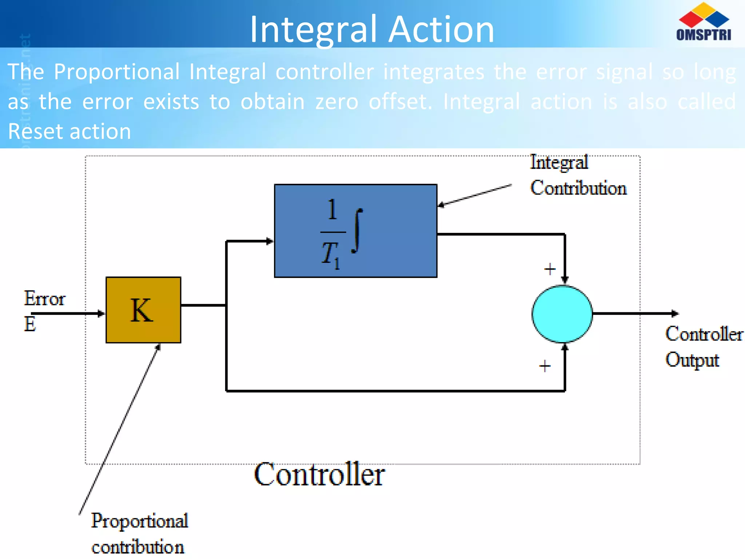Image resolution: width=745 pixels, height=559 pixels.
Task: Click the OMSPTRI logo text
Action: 703,34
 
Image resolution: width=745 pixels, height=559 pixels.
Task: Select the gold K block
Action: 143,310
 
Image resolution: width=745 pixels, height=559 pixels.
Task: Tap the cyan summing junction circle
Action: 562,314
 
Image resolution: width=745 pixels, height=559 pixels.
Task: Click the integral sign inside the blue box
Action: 357,231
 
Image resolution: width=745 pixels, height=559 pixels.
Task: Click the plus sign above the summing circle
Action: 550,269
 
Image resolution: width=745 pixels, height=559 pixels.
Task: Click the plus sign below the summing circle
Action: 545,366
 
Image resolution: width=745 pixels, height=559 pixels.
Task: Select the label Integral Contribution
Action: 578,175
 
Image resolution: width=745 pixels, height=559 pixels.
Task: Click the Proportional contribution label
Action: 139,534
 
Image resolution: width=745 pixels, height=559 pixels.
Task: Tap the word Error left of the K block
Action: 44,299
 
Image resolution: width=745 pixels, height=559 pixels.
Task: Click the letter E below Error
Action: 30,324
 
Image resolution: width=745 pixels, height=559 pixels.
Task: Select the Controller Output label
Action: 704,346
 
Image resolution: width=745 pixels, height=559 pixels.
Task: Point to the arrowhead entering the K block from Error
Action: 101,313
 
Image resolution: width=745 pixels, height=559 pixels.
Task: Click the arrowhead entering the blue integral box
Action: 270,241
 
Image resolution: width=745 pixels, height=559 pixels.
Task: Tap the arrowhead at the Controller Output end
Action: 675,313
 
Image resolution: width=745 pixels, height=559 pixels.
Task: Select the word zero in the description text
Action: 336,102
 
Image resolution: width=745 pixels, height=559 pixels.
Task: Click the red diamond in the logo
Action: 691,19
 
